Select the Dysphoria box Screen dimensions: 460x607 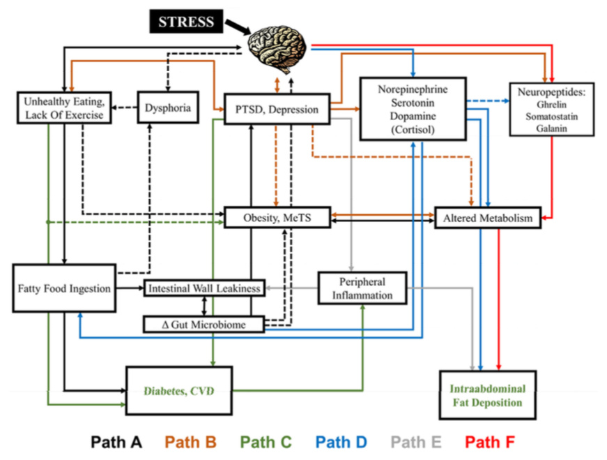(167, 107)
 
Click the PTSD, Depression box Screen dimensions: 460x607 (276, 110)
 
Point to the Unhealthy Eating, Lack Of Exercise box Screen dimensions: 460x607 (63, 108)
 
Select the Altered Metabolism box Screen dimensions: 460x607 (487, 218)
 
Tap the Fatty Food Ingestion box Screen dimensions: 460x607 (63, 288)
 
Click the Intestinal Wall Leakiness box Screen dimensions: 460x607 (203, 288)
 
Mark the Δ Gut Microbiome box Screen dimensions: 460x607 (203, 324)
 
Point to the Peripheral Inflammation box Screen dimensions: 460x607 (362, 288)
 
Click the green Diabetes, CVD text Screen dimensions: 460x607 (179, 390)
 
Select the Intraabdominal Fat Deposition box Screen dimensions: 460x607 (487, 395)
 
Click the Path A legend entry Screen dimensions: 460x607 (116, 441)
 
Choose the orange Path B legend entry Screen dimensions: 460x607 (190, 441)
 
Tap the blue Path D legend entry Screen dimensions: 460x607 (341, 441)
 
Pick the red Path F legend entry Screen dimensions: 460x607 (491, 441)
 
